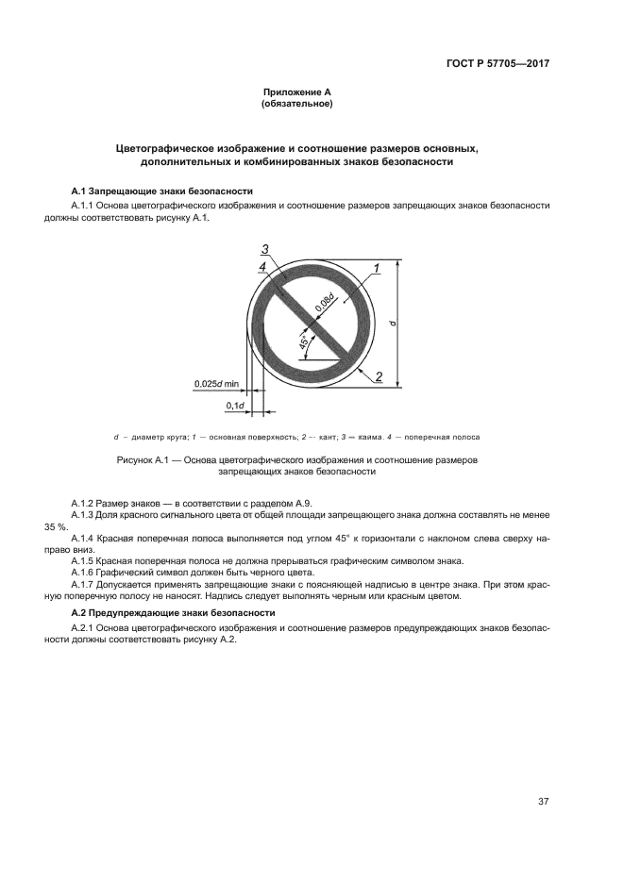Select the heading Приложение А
click(x=296, y=92)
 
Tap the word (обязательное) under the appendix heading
click(x=296, y=104)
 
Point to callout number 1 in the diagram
click(x=377, y=268)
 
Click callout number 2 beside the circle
click(x=378, y=376)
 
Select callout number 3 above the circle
click(x=266, y=249)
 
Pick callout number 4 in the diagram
click(x=261, y=267)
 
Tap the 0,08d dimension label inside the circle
click(x=325, y=303)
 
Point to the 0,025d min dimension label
click(x=216, y=384)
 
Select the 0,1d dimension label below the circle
click(x=234, y=406)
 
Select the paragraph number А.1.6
click(x=87, y=572)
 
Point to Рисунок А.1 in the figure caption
click(x=143, y=460)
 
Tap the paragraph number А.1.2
click(x=87, y=502)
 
